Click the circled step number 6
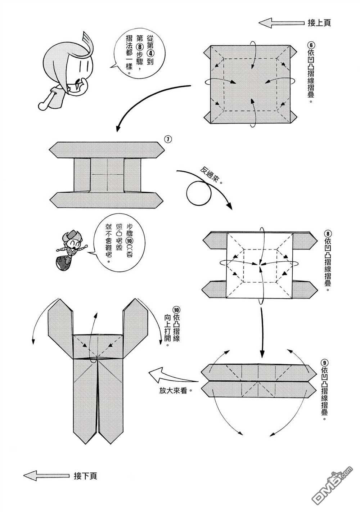point(311,45)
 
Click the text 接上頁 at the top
point(319,23)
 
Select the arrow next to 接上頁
point(282,23)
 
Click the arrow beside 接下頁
point(45,475)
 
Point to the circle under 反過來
point(199,192)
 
